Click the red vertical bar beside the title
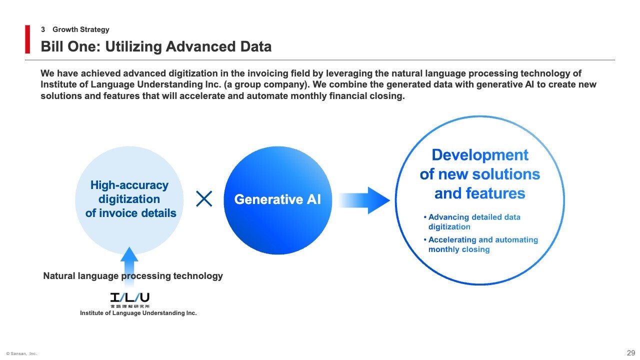[27, 39]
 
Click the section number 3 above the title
[43, 29]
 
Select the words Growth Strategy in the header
[81, 29]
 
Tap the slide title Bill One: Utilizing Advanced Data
[156, 46]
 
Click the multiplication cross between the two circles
[204, 199]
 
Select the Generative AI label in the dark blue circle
[277, 199]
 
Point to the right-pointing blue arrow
[364, 200]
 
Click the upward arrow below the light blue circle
[129, 267]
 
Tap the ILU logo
[129, 300]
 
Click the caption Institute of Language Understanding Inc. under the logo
[138, 313]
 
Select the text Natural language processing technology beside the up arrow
[133, 275]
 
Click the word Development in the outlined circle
[480, 155]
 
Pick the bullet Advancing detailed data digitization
[472, 221]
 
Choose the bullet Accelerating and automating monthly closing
[481, 244]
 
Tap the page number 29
[631, 353]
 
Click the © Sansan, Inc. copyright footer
[21, 353]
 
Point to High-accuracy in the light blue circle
[129, 185]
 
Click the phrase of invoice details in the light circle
[130, 213]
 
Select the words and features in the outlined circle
[479, 193]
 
